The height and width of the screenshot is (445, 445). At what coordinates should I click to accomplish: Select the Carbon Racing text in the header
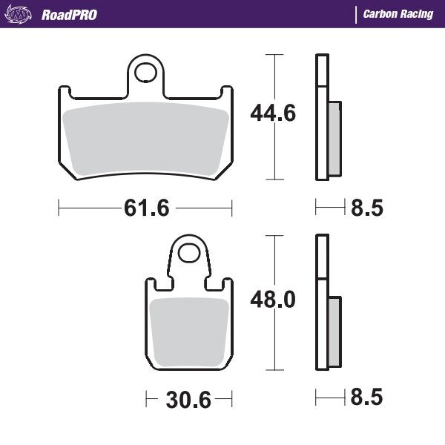(x=398, y=15)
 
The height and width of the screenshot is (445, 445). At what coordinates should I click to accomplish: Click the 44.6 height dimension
(x=271, y=113)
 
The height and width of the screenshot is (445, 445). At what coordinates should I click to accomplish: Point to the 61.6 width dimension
(x=145, y=208)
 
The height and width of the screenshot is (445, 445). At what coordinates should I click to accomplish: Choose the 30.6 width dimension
(x=187, y=401)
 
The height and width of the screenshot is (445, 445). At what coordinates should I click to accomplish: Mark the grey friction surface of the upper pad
(x=145, y=141)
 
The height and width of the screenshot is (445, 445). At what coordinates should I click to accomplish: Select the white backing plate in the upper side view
(x=321, y=119)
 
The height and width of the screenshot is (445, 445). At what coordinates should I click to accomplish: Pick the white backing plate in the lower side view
(x=321, y=304)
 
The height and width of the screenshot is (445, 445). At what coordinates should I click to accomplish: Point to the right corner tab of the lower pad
(x=228, y=285)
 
